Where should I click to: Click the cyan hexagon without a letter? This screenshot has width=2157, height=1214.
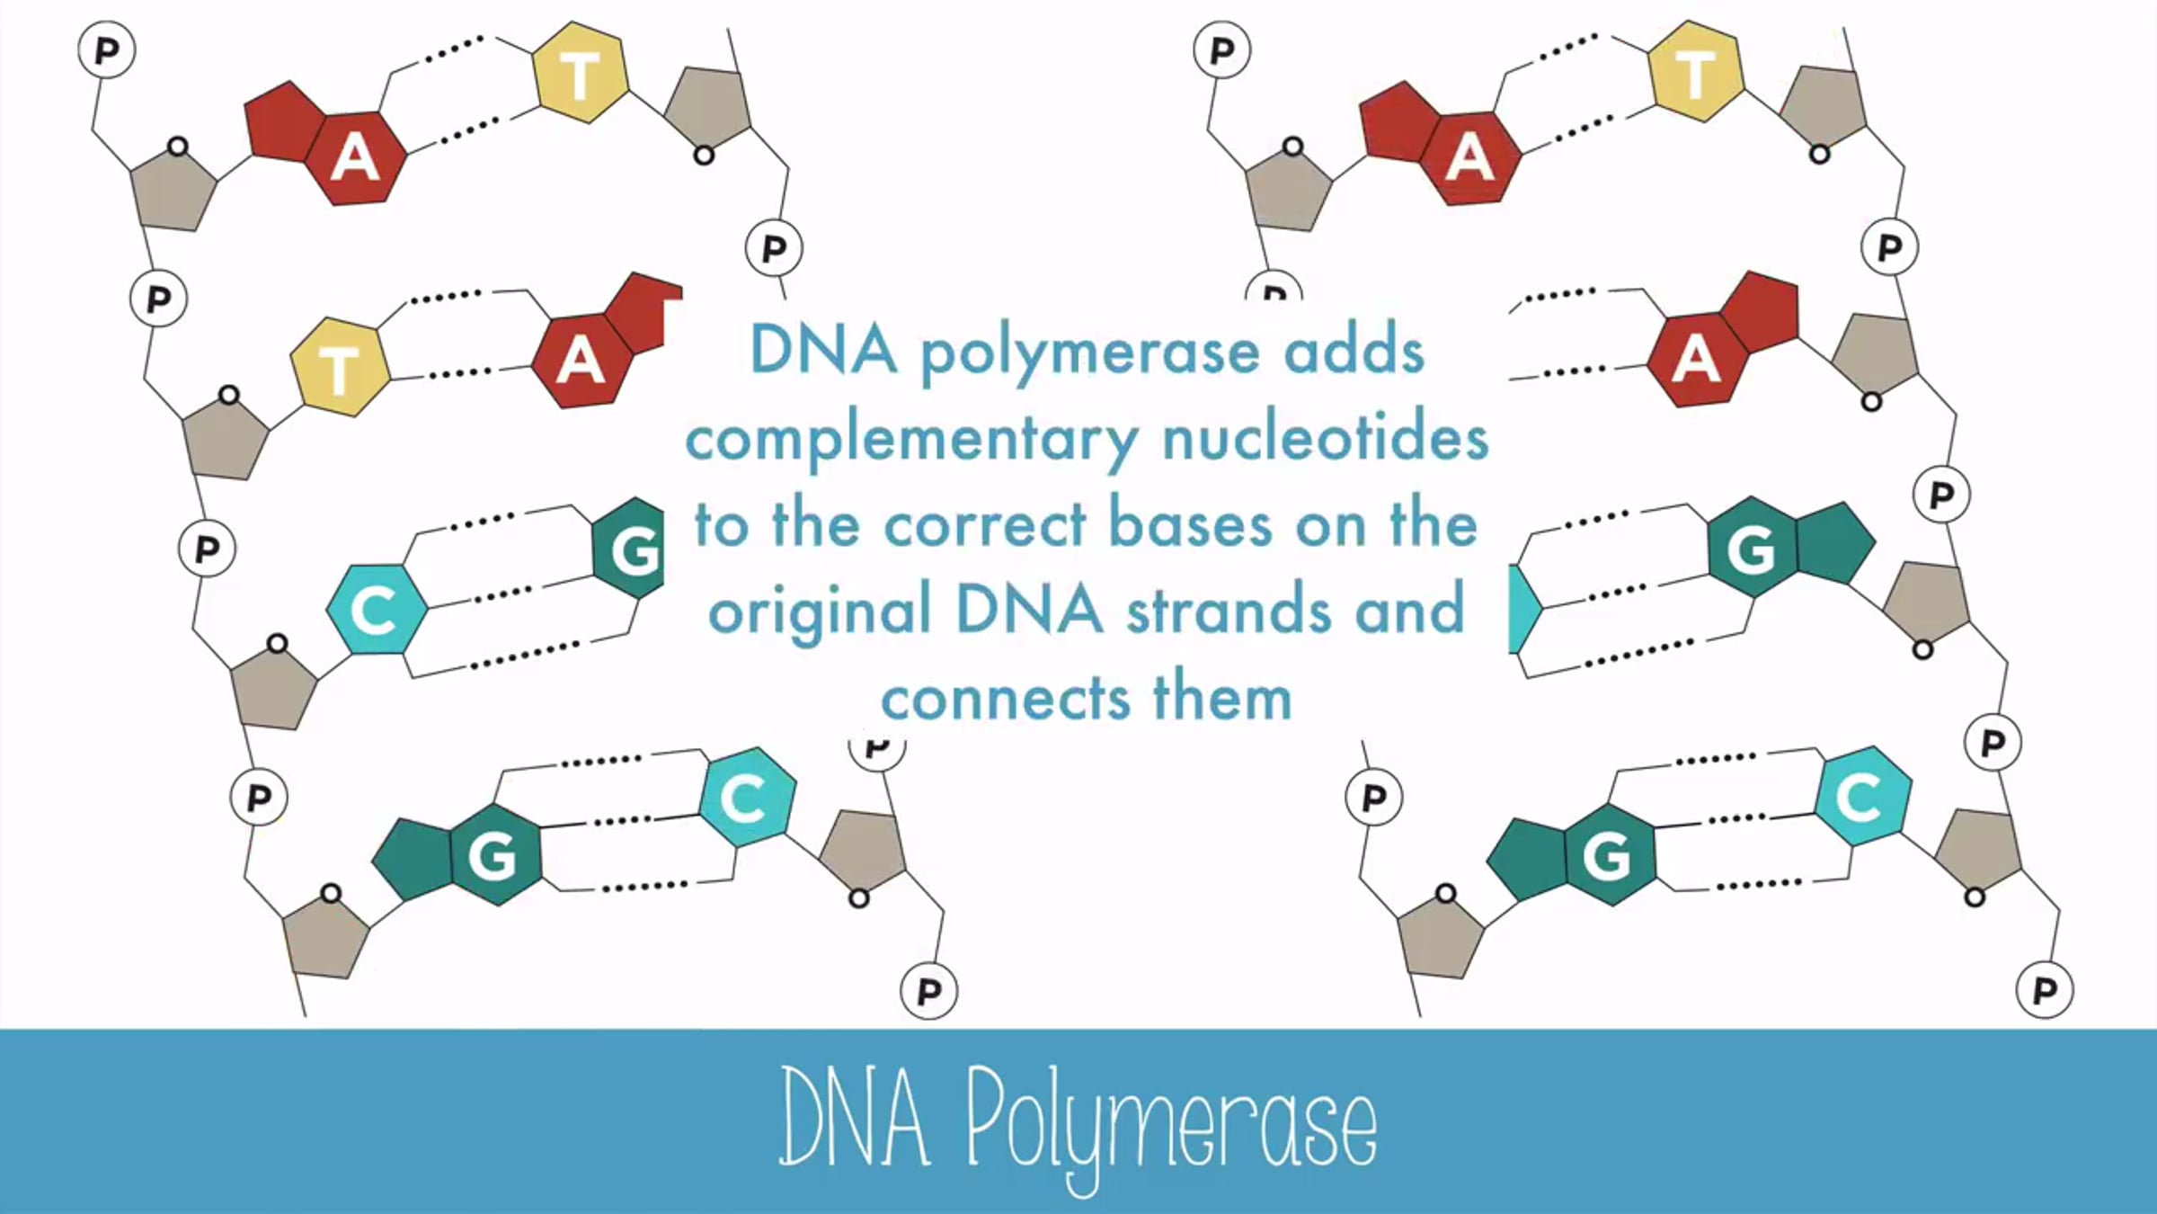(x=1525, y=609)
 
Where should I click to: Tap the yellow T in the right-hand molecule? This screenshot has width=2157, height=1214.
(x=1695, y=73)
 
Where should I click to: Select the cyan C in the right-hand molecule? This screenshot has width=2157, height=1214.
(x=1862, y=797)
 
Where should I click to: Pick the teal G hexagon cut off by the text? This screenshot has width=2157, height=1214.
(x=629, y=548)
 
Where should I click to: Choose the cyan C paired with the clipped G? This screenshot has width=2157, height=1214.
(x=376, y=609)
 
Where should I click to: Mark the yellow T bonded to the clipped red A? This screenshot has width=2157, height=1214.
(x=340, y=367)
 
